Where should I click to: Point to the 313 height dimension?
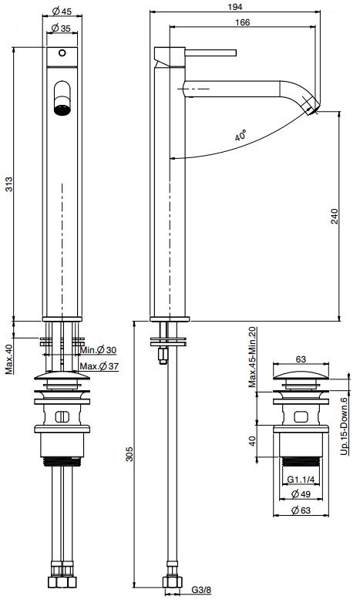[8, 186]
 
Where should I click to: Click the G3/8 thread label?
[202, 593]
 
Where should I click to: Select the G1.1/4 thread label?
[303, 480]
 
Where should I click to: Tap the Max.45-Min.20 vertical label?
[251, 358]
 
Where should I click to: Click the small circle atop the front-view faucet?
[62, 54]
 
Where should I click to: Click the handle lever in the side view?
[213, 53]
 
